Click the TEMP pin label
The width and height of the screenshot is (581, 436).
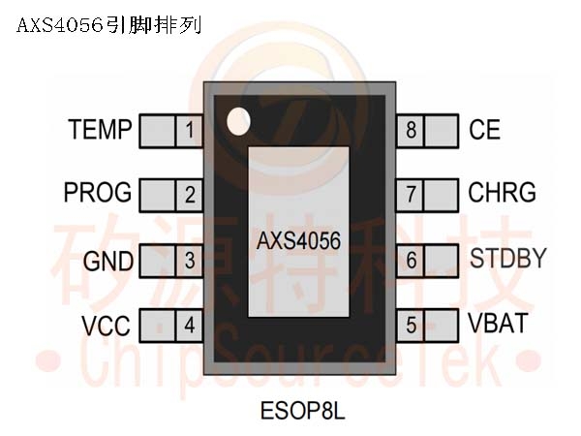pos(100,130)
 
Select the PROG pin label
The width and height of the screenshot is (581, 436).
pos(98,192)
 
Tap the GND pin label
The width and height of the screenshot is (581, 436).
pos(108,261)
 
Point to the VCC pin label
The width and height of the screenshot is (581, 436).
pos(106,326)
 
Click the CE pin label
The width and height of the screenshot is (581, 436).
pos(485,130)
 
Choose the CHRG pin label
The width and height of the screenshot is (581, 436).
pos(502,192)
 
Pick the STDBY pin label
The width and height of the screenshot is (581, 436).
pos(508,258)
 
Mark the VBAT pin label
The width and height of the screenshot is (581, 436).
pos(498,323)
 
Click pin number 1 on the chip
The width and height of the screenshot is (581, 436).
pos(190,130)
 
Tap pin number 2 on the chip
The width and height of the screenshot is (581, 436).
pos(190,195)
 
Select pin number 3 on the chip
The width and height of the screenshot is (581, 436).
pos(190,260)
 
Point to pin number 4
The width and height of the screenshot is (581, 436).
pos(190,326)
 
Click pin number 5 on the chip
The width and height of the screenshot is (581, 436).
pos(412,326)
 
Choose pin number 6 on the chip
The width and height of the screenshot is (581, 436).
pos(412,260)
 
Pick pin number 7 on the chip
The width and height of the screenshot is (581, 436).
pos(412,194)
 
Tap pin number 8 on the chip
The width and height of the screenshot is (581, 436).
pos(412,130)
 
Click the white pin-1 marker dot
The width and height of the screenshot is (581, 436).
pos(238,121)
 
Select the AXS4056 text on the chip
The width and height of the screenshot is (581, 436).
pos(298,241)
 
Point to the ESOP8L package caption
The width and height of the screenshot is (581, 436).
pos(302,411)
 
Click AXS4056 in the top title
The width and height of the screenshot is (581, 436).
pos(60,26)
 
